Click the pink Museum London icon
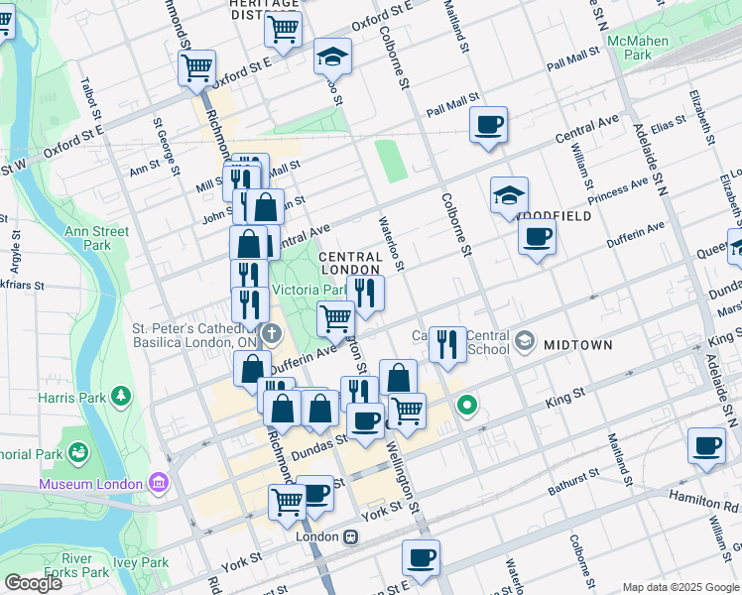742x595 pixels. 157,484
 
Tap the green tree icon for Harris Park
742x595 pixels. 121,397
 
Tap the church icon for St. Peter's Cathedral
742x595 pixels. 271,331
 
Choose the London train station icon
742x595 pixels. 350,536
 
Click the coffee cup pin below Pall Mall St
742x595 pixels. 488,126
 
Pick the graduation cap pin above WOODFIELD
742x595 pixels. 509,195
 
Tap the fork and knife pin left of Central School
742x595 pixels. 447,343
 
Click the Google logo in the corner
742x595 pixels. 33,582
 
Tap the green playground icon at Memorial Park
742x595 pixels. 77,453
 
